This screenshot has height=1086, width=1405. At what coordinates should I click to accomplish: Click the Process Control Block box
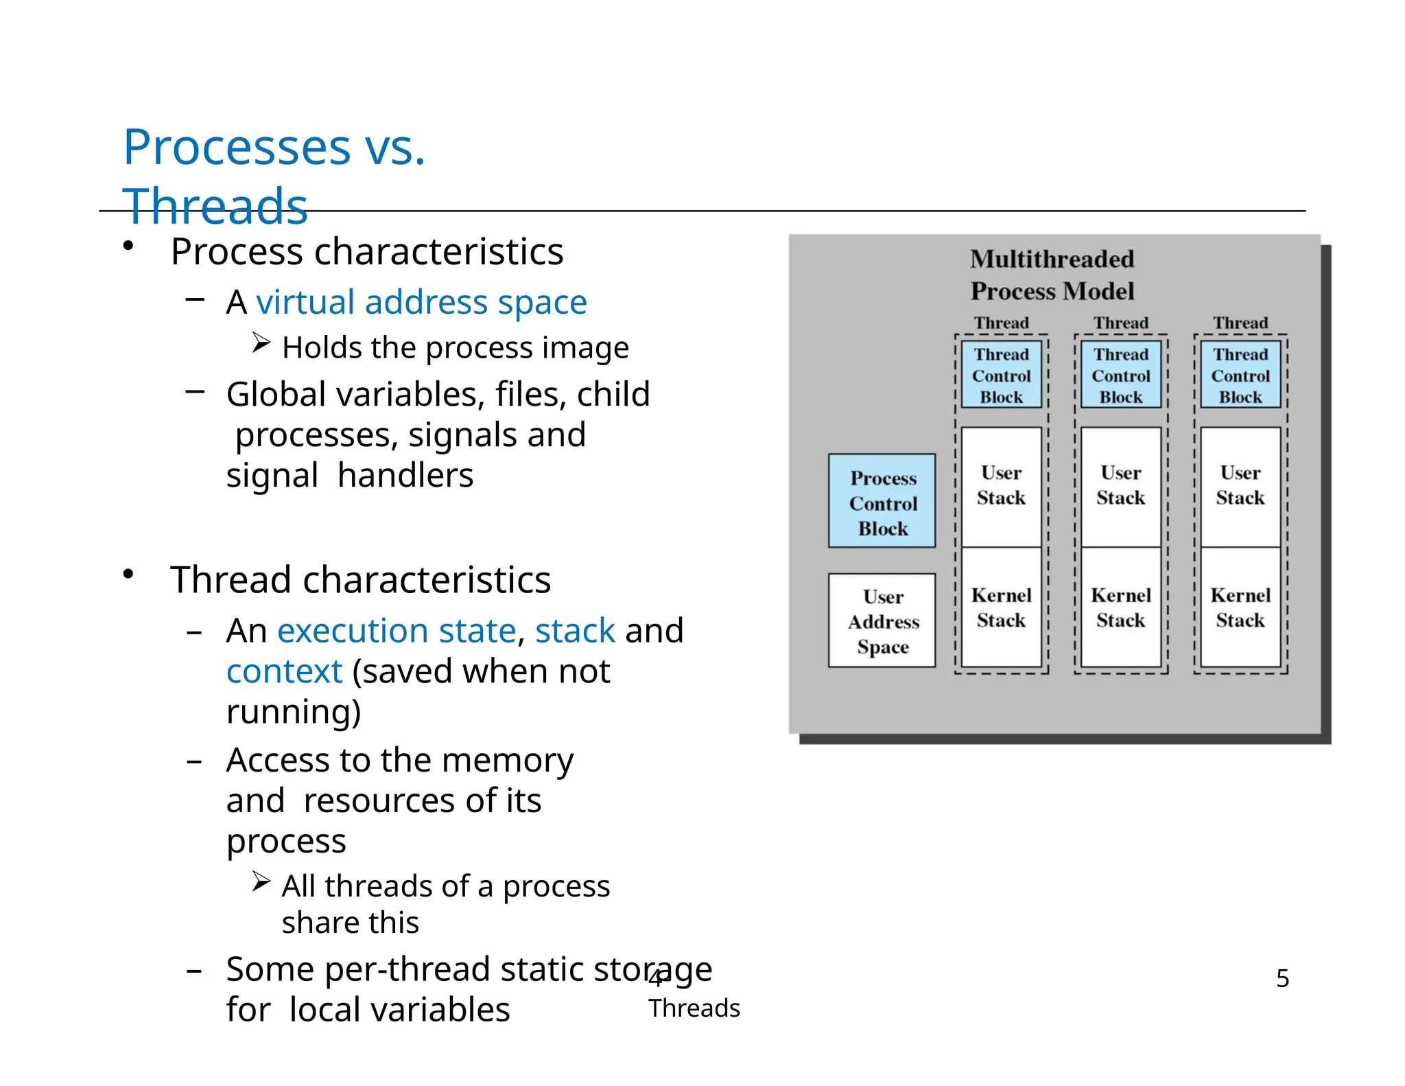click(x=882, y=500)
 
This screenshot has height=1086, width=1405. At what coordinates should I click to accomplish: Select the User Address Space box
click(x=882, y=621)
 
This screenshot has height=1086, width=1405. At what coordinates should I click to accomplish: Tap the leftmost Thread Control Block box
click(x=1001, y=375)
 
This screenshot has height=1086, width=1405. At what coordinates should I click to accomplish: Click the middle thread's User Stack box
click(x=1120, y=486)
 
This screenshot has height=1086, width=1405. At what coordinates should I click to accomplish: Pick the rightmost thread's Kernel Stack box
click(x=1240, y=607)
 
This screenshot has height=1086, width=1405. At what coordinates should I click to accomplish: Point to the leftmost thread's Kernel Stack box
click(x=1001, y=607)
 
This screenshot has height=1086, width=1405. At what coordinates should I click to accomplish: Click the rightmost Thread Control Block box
click(x=1240, y=375)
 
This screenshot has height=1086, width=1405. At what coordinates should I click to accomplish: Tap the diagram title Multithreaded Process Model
click(x=1052, y=275)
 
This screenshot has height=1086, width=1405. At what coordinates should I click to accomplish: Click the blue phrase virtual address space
click(x=421, y=303)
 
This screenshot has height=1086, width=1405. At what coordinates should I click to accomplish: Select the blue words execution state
click(x=397, y=630)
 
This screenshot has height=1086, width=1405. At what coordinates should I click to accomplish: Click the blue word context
click(x=284, y=671)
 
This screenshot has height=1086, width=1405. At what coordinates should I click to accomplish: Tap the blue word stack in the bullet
click(x=575, y=630)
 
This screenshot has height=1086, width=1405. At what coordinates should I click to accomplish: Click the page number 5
click(x=1282, y=978)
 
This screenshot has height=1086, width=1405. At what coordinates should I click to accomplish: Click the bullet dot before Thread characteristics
click(x=128, y=574)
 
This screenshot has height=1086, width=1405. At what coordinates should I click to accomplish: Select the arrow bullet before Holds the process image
click(x=261, y=342)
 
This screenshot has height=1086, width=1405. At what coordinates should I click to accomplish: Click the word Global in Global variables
click(x=276, y=395)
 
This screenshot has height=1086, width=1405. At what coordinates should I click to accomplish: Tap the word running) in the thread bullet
click(x=294, y=712)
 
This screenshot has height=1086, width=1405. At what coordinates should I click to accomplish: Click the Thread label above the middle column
click(x=1120, y=323)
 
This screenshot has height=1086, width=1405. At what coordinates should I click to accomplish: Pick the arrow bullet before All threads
click(x=261, y=881)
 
